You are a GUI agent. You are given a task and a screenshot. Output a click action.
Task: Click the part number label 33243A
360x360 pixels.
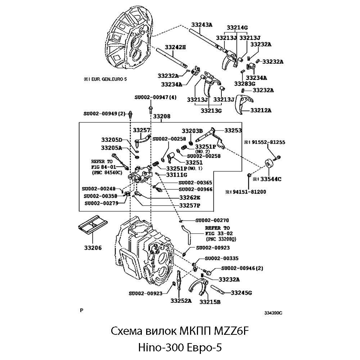coord(202,24)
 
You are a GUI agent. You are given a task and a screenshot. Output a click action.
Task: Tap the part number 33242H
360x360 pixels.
coord(175,47)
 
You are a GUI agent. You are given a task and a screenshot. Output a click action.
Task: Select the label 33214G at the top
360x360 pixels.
coord(237,28)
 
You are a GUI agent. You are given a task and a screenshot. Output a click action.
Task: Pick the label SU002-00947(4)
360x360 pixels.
coord(156,97)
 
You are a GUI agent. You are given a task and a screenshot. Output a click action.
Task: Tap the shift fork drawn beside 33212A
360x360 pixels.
coord(243,105)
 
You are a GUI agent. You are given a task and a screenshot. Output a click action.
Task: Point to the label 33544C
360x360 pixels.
coord(271,179)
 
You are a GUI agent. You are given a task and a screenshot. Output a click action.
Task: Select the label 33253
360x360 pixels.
coord(233,130)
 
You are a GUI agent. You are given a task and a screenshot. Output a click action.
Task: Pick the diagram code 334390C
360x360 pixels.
coord(273,313)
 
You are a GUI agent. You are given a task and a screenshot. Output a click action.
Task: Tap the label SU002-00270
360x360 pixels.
coord(212,220)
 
